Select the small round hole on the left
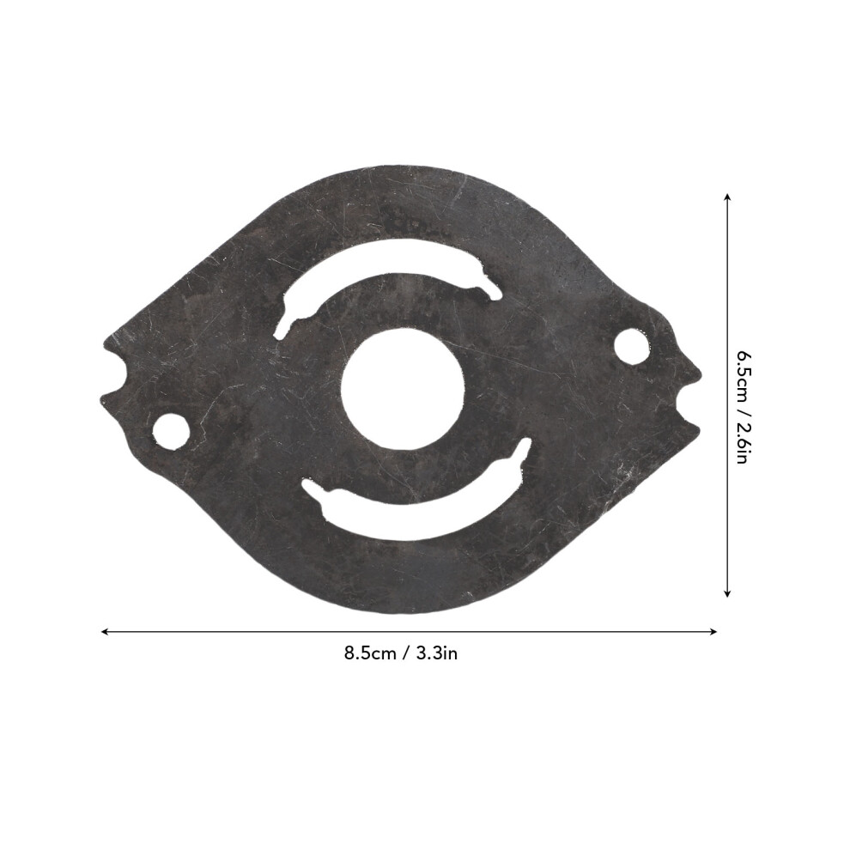point(172,432)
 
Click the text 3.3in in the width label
point(437,653)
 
